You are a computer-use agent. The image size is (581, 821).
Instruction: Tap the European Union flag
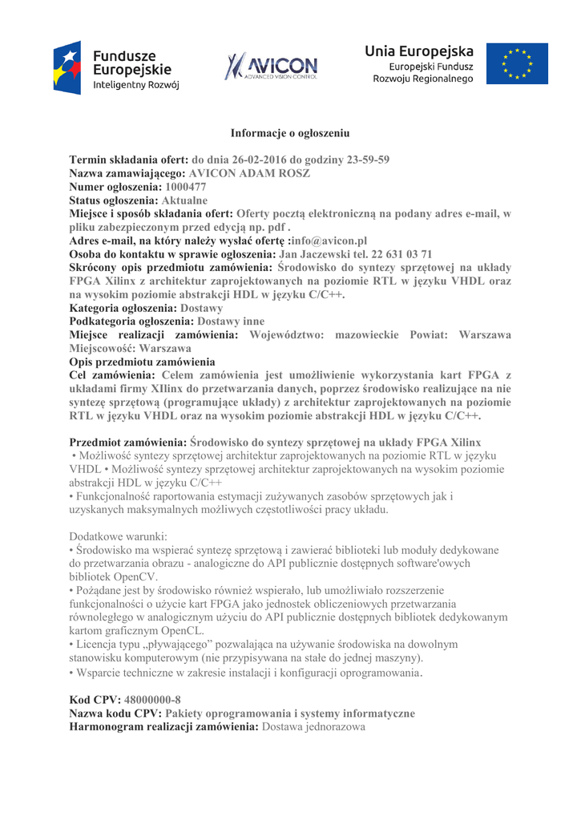(524, 64)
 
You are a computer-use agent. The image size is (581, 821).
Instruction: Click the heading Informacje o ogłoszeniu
(290, 132)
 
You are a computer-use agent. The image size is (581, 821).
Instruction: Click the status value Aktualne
(184, 200)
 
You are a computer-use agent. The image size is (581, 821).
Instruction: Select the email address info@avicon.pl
(329, 241)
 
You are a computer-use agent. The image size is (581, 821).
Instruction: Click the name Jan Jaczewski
(315, 254)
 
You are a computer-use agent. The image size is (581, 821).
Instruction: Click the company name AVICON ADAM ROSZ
(249, 173)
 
